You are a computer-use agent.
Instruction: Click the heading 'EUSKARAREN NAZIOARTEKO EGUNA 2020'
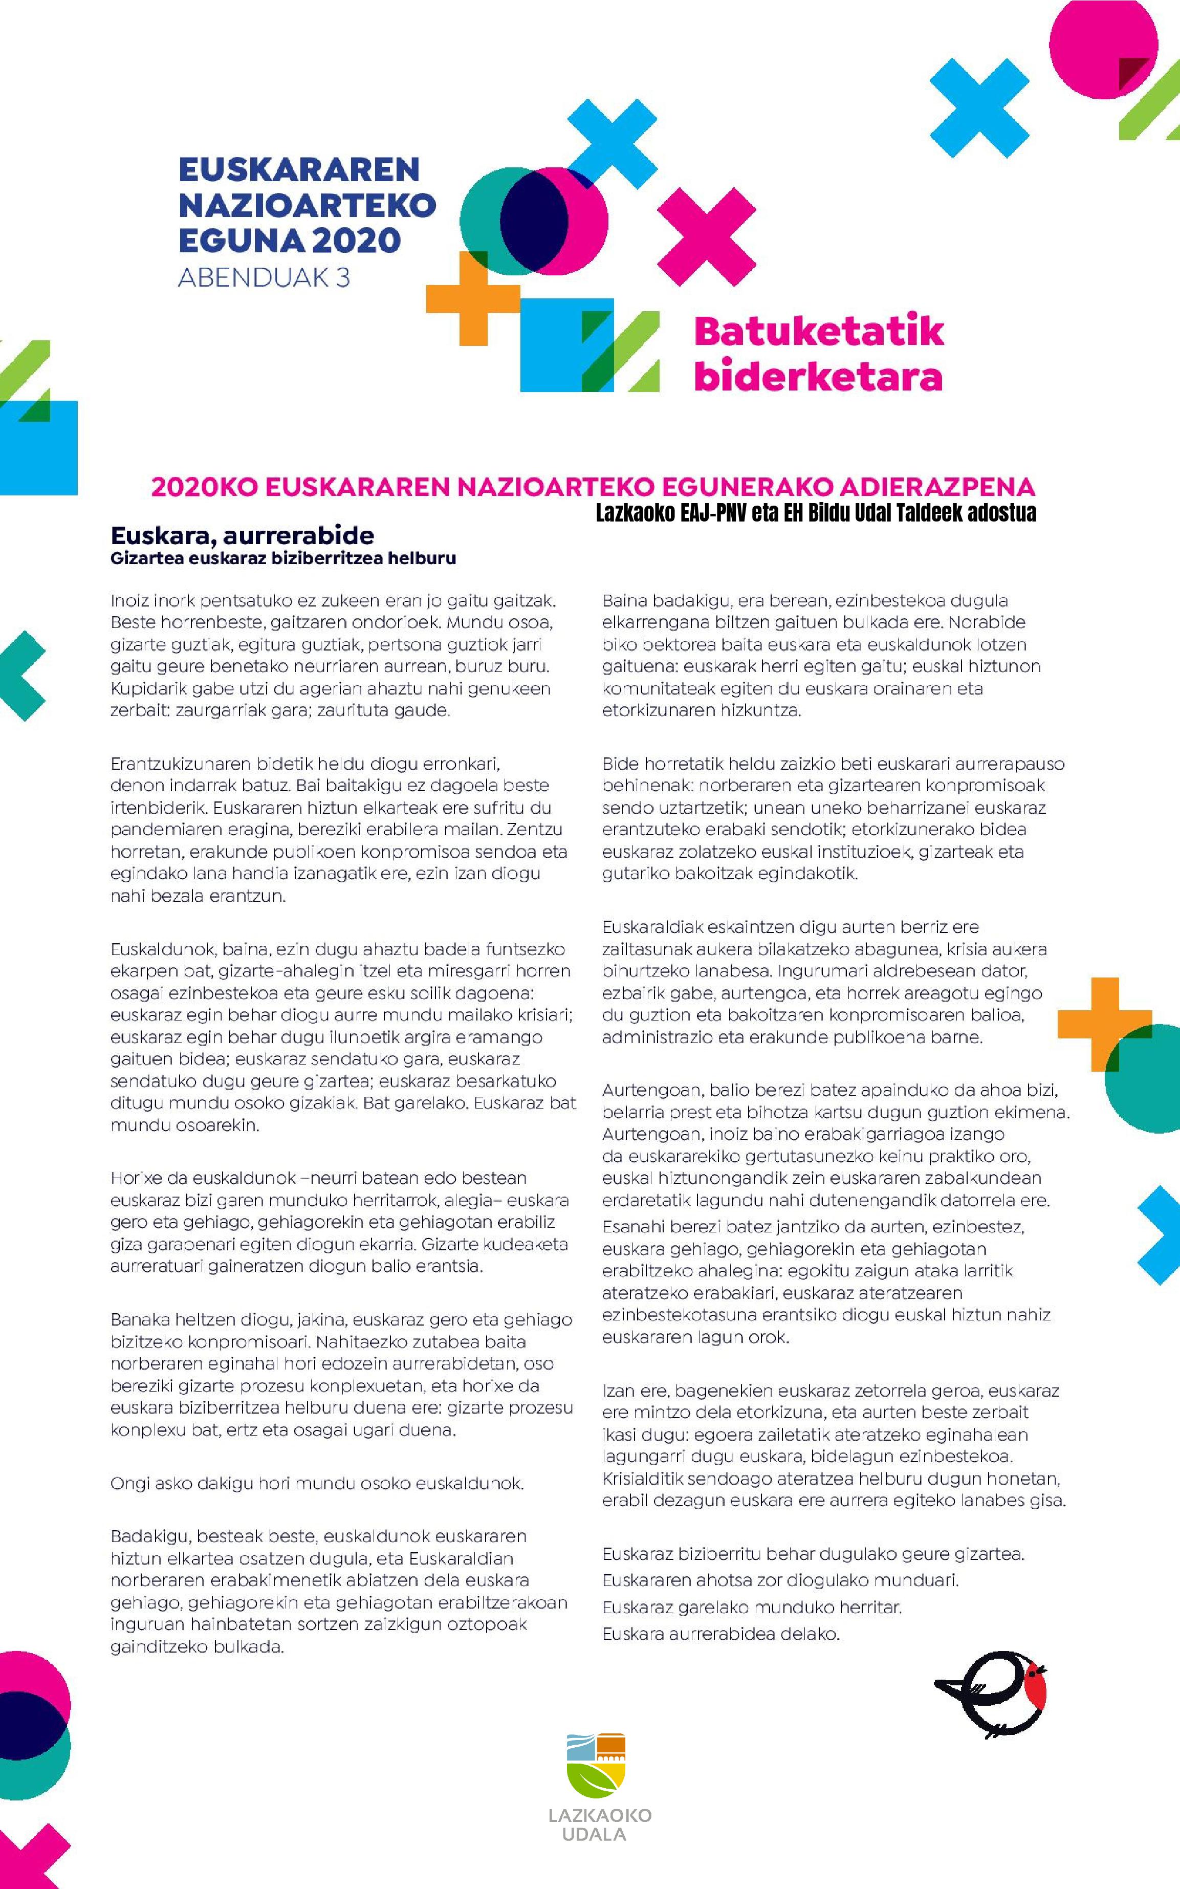[306, 205]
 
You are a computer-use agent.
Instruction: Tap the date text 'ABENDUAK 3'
[264, 278]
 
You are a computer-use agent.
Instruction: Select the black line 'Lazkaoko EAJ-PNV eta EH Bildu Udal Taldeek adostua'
[816, 513]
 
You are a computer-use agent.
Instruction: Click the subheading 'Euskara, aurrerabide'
[242, 535]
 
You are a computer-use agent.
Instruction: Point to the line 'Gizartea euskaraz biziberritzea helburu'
[282, 559]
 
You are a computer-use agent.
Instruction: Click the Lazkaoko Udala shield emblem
[596, 1766]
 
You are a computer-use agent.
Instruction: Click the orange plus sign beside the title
[473, 297]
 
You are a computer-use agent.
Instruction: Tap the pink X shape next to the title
[706, 236]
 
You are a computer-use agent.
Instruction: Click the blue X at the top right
[979, 107]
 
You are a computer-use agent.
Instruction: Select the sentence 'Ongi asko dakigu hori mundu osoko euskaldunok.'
[317, 1483]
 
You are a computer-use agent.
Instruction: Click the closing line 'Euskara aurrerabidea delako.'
[720, 1634]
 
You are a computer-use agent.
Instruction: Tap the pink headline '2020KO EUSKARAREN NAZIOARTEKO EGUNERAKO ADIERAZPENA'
[593, 487]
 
